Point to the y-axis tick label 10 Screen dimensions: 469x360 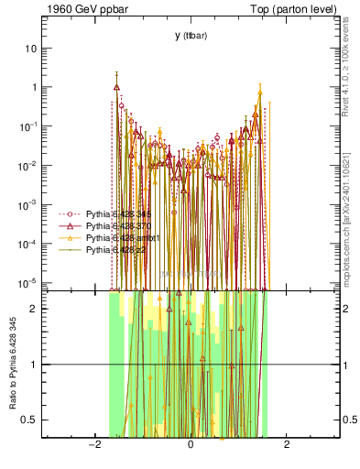[x=31, y=48]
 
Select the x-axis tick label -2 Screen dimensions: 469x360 [x=93, y=444]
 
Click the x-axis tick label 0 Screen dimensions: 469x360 [x=191, y=444]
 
